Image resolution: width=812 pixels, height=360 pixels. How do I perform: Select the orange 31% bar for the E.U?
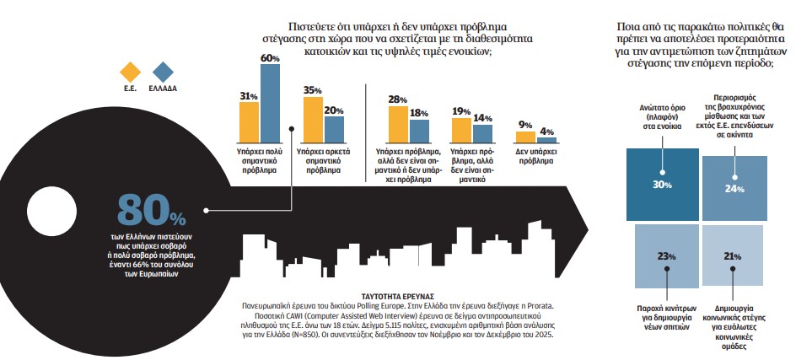248,121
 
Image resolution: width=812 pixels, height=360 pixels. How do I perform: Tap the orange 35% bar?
312,118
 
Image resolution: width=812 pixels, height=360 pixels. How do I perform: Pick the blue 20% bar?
334,128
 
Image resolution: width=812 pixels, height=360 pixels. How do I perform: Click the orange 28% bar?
398,123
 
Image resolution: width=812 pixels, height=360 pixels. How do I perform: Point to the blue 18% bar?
419,130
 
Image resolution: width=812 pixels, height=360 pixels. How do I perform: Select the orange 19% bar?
461,129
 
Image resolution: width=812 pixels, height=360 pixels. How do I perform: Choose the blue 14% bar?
482,132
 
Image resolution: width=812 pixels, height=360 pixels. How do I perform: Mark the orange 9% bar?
525,136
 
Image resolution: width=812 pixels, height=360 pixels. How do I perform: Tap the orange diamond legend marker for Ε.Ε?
131,71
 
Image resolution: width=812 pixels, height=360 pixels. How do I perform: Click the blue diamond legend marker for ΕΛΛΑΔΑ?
163,71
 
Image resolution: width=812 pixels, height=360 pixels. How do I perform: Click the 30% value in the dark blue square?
663,185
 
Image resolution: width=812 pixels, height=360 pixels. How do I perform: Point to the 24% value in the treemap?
734,188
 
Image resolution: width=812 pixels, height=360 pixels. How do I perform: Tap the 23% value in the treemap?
664,255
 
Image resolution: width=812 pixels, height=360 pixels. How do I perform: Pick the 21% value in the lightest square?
732,255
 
